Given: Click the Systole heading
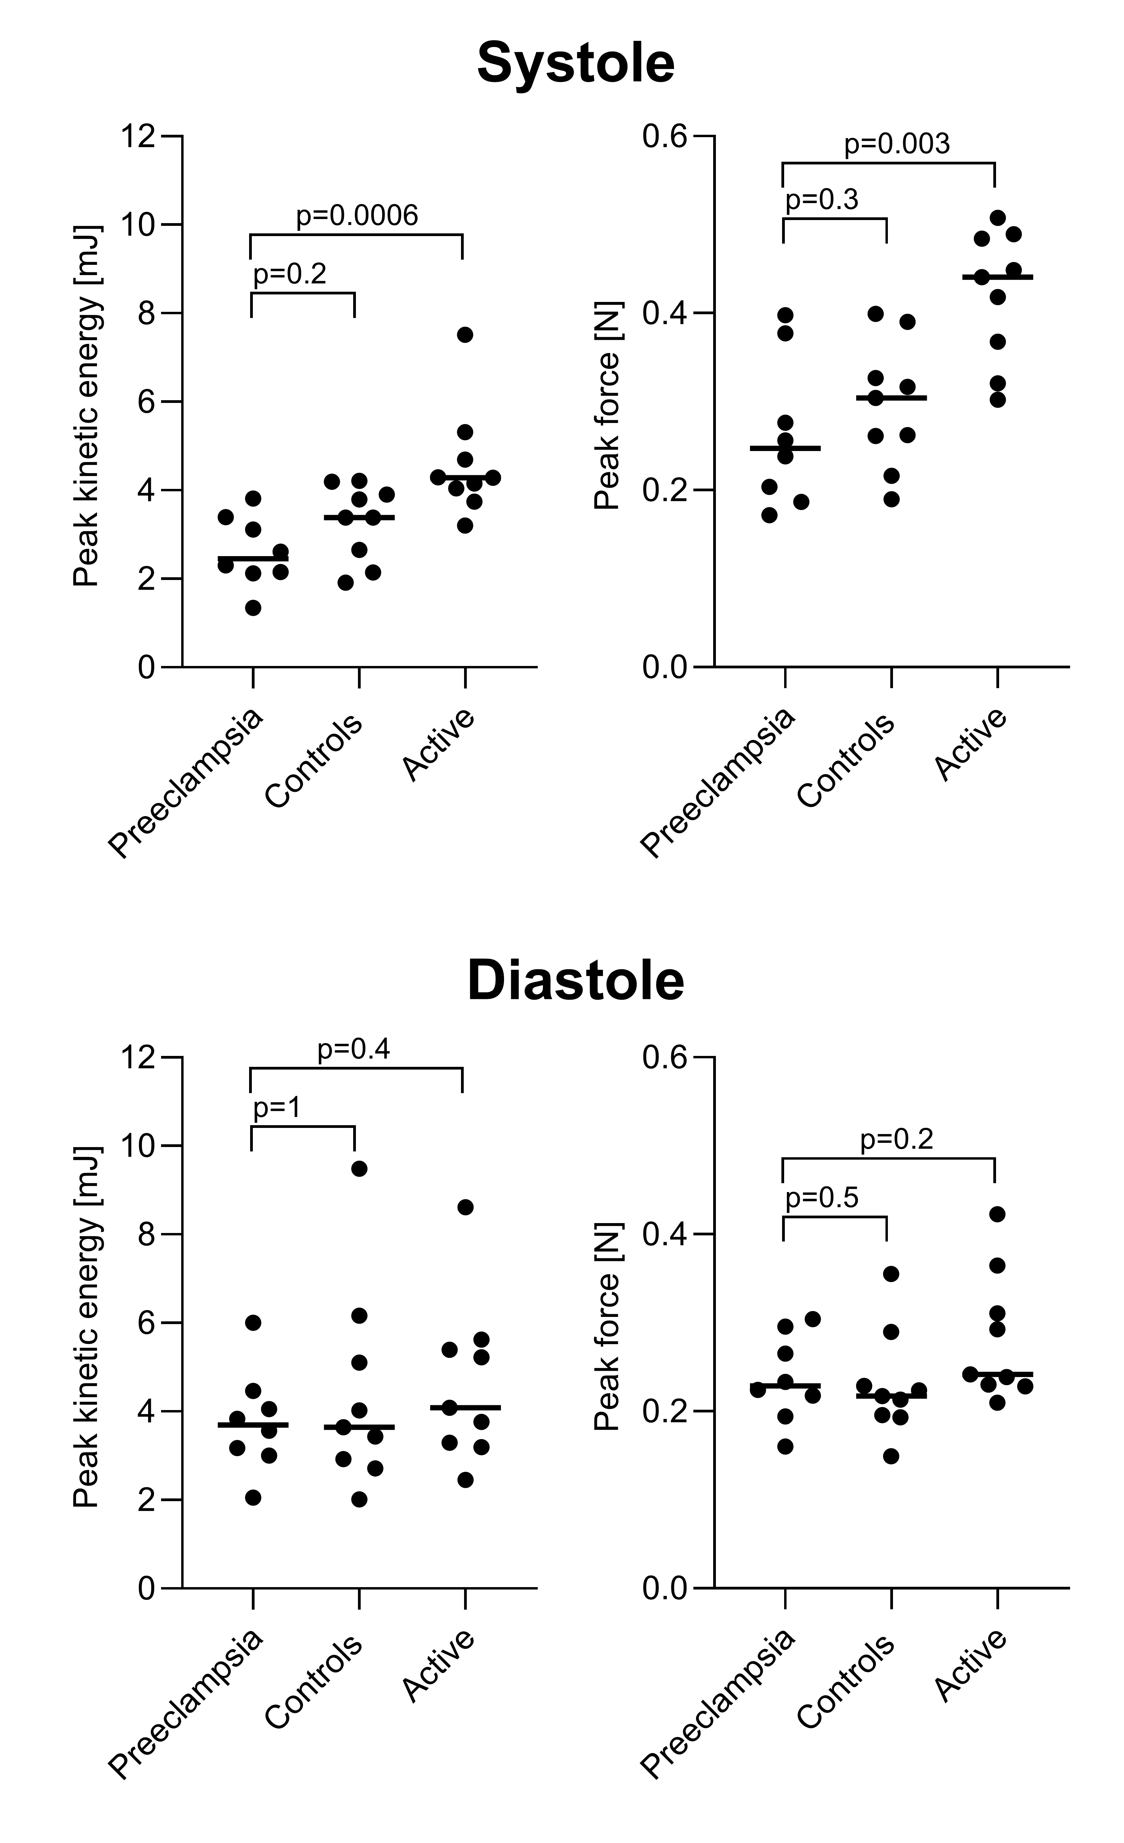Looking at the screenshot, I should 575,63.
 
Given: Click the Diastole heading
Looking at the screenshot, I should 575,981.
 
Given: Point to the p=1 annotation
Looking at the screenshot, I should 277,1108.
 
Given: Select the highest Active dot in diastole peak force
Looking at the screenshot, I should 997,1214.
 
